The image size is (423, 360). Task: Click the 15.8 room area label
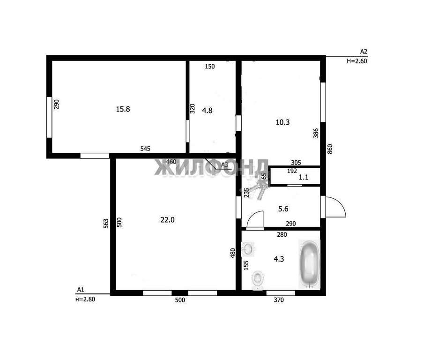(x=123, y=109)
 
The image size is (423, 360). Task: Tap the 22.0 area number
(x=167, y=220)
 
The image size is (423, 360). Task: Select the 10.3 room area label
(x=282, y=122)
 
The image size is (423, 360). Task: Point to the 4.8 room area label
(x=207, y=110)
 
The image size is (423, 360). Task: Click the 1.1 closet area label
(x=304, y=177)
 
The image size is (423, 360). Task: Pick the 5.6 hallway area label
(x=283, y=209)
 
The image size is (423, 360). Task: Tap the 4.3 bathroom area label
(x=279, y=259)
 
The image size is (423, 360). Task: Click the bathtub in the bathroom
(x=309, y=263)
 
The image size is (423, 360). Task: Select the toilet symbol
(x=258, y=278)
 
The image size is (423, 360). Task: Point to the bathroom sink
(x=248, y=248)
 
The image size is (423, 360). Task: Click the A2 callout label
(x=364, y=52)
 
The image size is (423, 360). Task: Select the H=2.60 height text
(x=356, y=61)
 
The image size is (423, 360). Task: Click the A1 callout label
(x=81, y=290)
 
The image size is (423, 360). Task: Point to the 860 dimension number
(x=330, y=149)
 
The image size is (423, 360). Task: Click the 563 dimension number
(x=106, y=224)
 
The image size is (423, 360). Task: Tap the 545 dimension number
(x=145, y=149)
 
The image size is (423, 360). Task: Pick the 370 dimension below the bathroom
(x=279, y=300)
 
